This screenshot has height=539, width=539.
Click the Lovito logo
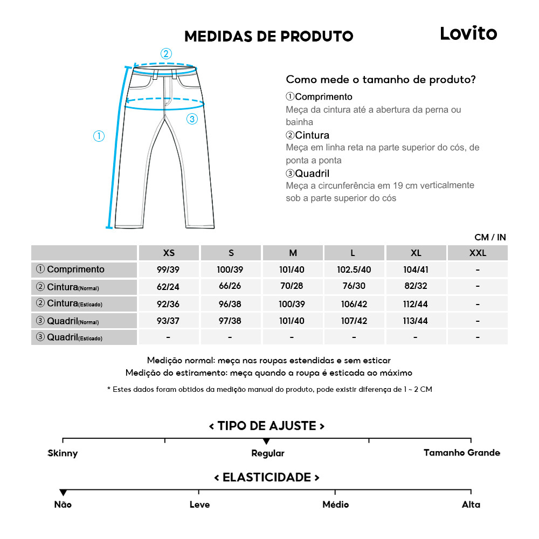pyautogui.click(x=468, y=33)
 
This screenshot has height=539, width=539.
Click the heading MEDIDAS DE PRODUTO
pyautogui.click(x=268, y=37)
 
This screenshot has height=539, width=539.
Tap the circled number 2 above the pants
pyautogui.click(x=166, y=53)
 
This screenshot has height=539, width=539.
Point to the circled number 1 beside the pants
pyautogui.click(x=99, y=136)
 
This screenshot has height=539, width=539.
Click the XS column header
pyautogui.click(x=169, y=253)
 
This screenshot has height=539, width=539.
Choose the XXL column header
pyautogui.click(x=478, y=253)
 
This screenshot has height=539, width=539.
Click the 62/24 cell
pyautogui.click(x=168, y=287)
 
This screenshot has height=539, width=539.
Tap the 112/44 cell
pyautogui.click(x=416, y=305)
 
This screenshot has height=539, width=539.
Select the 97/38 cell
pyautogui.click(x=230, y=321)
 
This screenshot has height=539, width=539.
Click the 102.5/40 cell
pyautogui.click(x=354, y=270)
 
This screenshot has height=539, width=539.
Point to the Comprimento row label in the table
pyautogui.click(x=71, y=269)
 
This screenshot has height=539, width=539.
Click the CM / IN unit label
pyautogui.click(x=490, y=237)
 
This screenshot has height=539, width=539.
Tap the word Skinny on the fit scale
pyautogui.click(x=63, y=453)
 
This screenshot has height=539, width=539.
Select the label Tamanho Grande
pyautogui.click(x=461, y=453)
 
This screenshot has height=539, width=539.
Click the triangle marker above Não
pyautogui.click(x=63, y=493)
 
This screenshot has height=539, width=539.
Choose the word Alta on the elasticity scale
pyautogui.click(x=471, y=505)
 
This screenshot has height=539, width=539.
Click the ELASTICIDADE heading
pyautogui.click(x=267, y=478)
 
